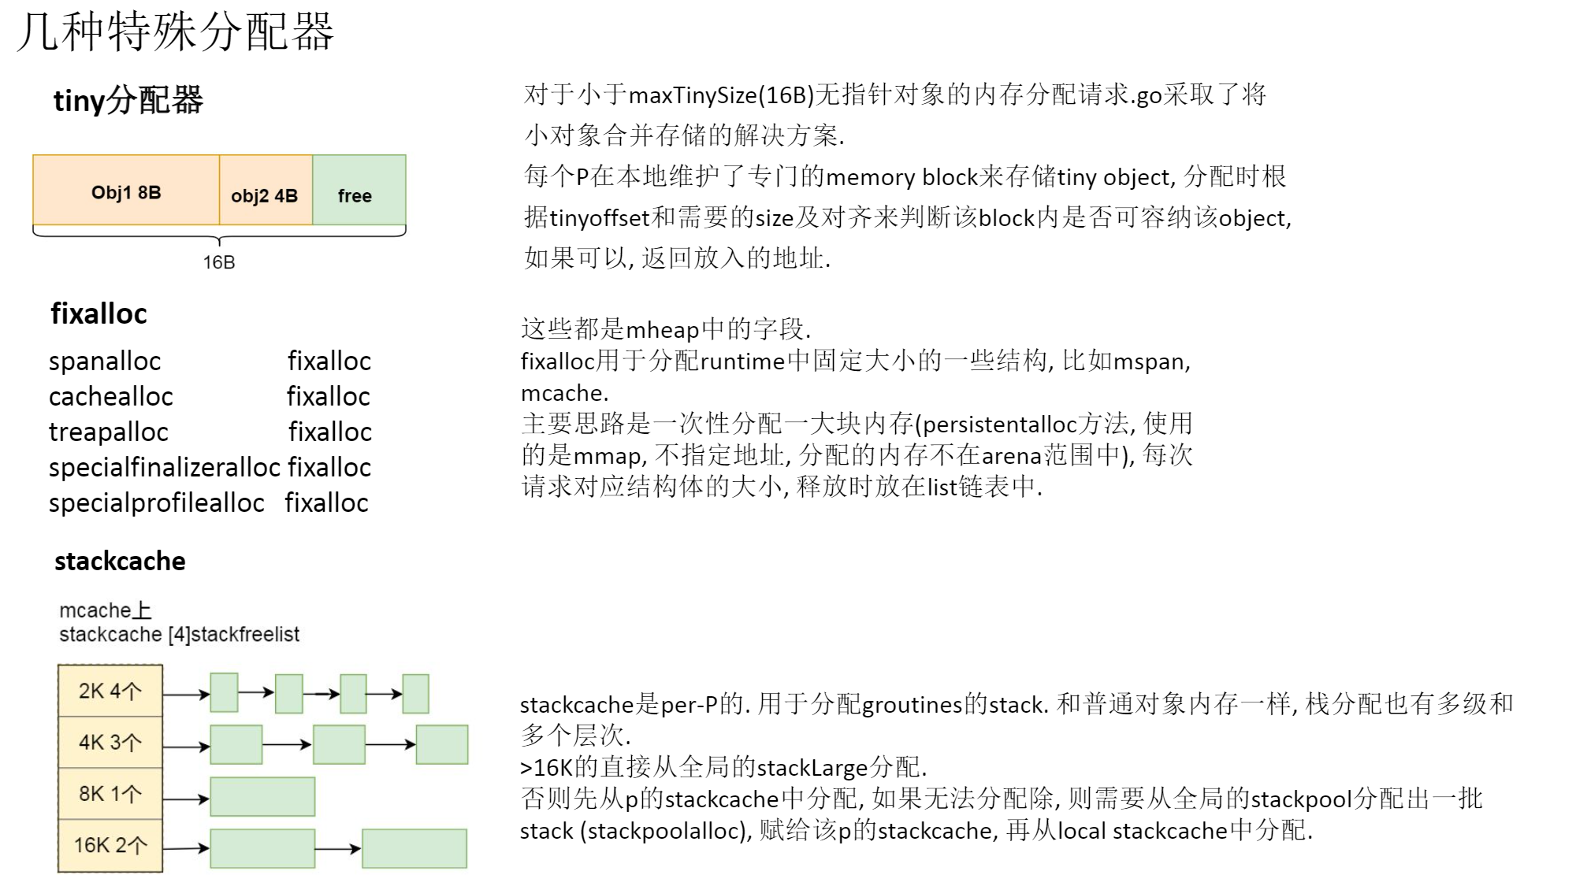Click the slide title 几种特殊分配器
tap(175, 33)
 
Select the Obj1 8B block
tap(126, 191)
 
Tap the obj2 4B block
tap(265, 195)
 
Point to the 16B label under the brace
tap(219, 262)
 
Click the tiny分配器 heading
tap(128, 101)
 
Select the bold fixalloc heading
tap(99, 313)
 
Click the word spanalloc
tap(105, 361)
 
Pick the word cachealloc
tap(111, 397)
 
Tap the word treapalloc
tap(109, 432)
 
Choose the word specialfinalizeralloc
tap(165, 468)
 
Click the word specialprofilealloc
tap(157, 503)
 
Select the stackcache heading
tap(120, 562)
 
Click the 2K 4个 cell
tap(110, 691)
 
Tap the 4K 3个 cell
tap(110, 743)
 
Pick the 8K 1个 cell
tap(110, 794)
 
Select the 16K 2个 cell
tap(110, 846)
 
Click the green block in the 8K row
tap(262, 797)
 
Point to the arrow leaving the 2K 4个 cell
tap(186, 695)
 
